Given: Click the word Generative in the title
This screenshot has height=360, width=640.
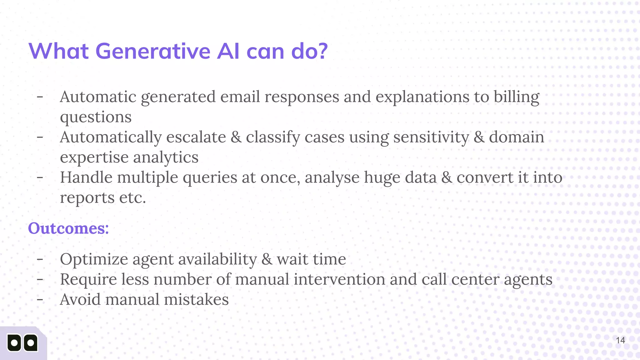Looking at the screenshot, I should coord(152,51).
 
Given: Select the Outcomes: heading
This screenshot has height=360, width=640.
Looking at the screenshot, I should coord(68,228).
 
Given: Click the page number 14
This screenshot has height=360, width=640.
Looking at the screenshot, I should coord(620,340).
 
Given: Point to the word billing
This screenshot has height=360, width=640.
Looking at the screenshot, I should coord(516,97).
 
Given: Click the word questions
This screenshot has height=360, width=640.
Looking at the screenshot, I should coord(96,117).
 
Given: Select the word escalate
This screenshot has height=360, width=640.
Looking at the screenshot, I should coord(196,137).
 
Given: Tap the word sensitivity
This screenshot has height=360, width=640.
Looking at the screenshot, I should coord(431,137).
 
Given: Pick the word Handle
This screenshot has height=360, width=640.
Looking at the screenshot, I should coord(86,177).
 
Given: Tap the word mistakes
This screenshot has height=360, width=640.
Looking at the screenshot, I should coord(196,299).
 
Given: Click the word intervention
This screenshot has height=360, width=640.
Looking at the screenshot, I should coord(339,279).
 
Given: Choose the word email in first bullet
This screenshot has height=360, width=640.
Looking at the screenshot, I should coord(240,97).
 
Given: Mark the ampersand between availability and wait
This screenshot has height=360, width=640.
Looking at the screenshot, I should coord(267,259).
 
